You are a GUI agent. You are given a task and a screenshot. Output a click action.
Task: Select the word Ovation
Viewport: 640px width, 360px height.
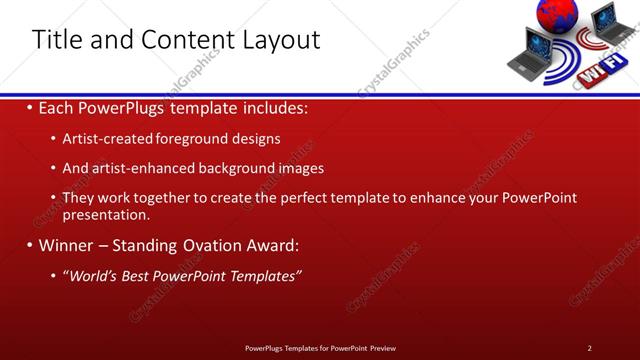[x=220, y=245]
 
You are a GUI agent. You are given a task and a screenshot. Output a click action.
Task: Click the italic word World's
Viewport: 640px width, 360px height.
[x=90, y=275]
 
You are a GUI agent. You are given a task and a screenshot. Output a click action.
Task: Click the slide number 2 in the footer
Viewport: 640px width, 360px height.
[x=589, y=347]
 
